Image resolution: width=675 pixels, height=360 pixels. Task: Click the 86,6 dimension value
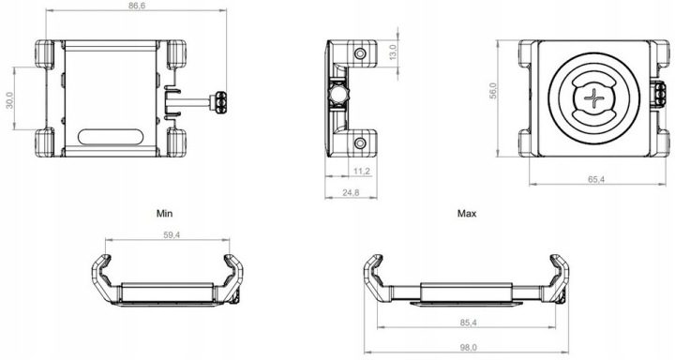tap(137, 6)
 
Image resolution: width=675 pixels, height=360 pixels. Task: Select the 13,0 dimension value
tap(394, 52)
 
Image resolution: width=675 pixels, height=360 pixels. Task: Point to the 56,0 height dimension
tap(493, 91)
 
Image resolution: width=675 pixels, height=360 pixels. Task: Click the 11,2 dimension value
tap(362, 172)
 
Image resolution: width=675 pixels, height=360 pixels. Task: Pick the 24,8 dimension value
tap(351, 193)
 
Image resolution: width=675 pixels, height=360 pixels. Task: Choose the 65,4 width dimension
tap(596, 180)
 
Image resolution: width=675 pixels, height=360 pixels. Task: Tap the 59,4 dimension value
tap(172, 235)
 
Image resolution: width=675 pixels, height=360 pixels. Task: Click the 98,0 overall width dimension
tap(468, 348)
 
